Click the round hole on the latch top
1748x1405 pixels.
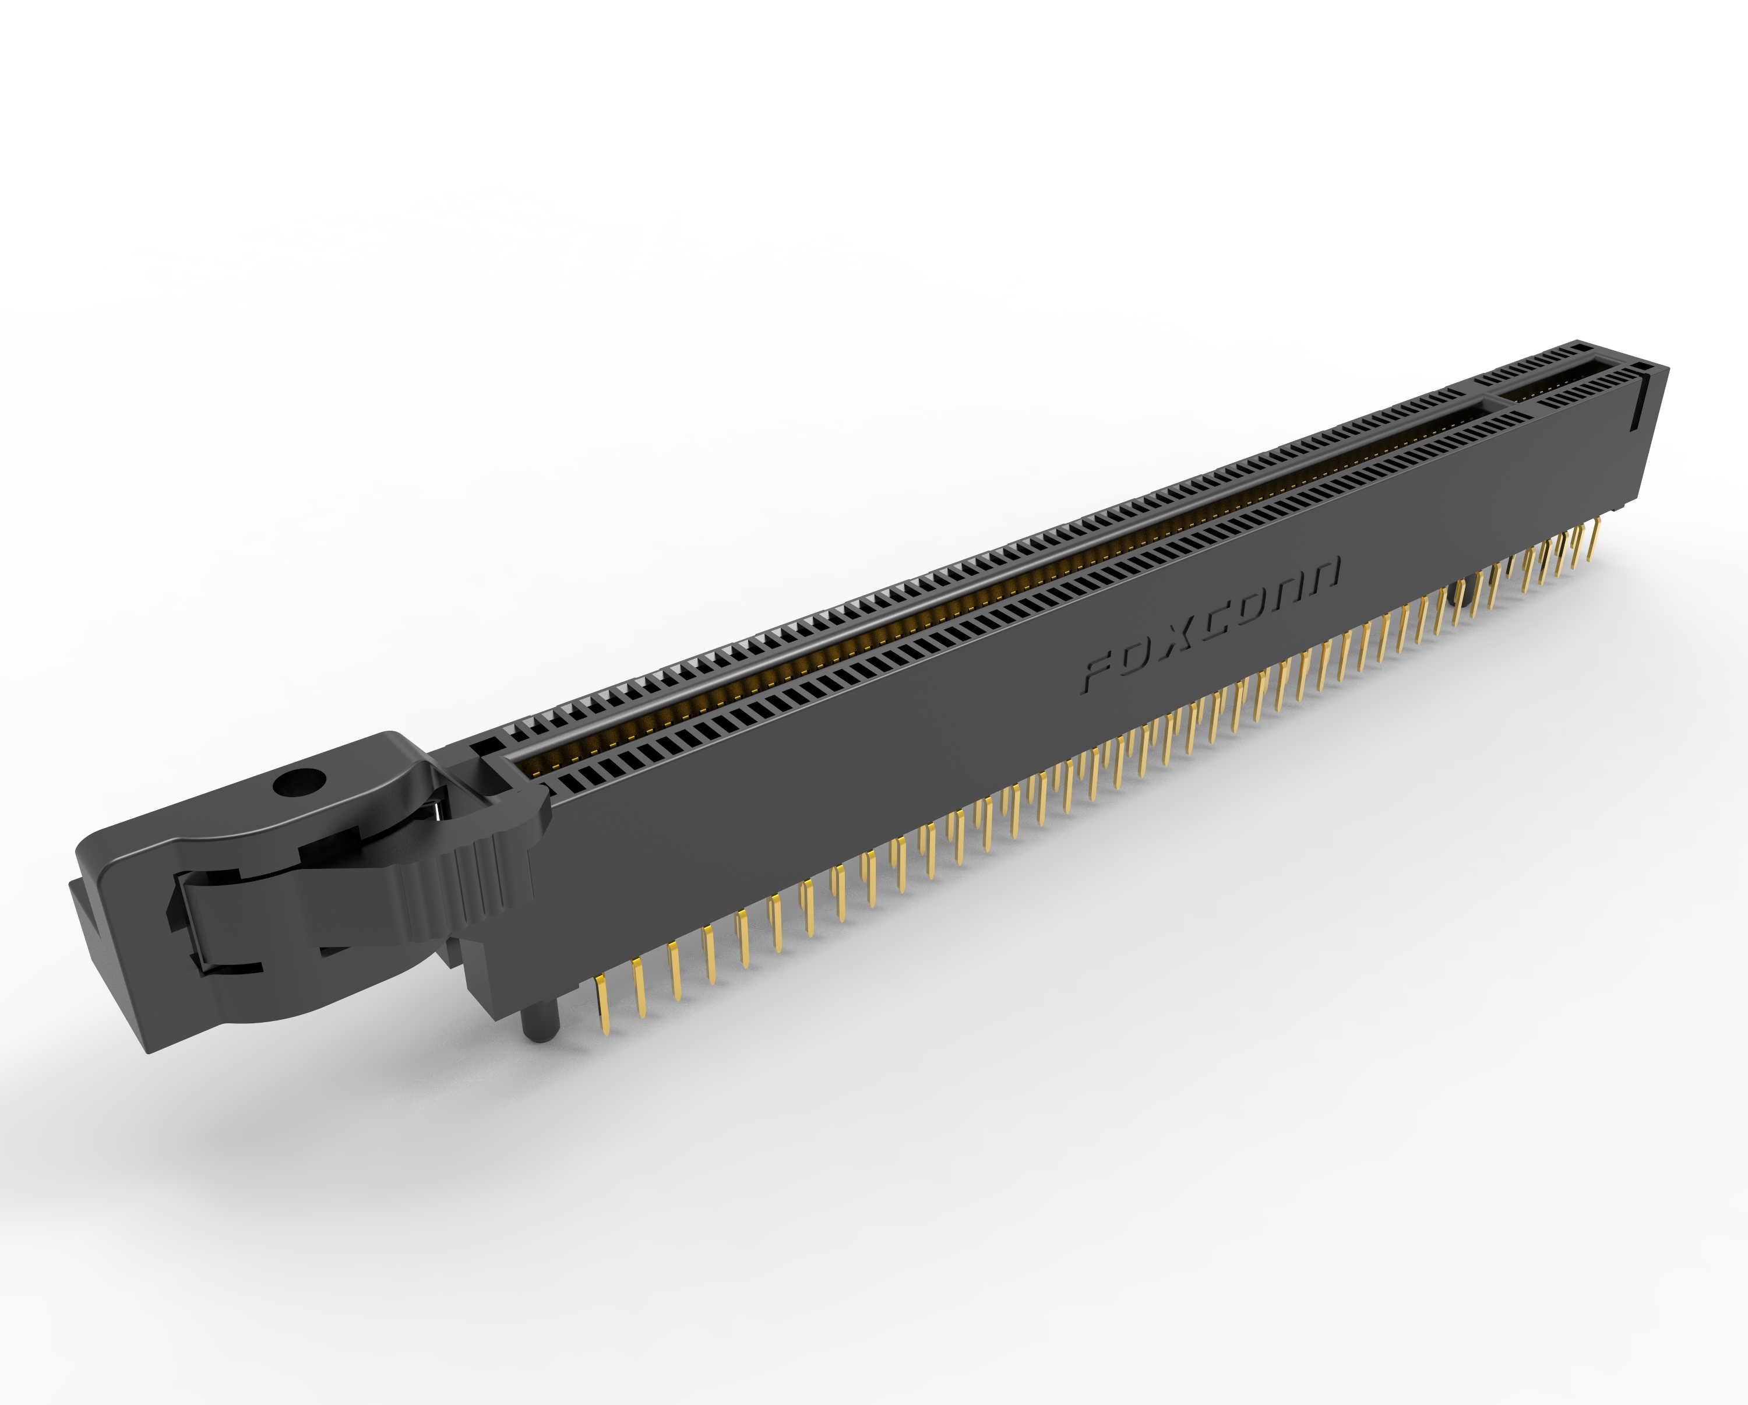click(x=299, y=783)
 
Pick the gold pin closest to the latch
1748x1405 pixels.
click(x=602, y=1005)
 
